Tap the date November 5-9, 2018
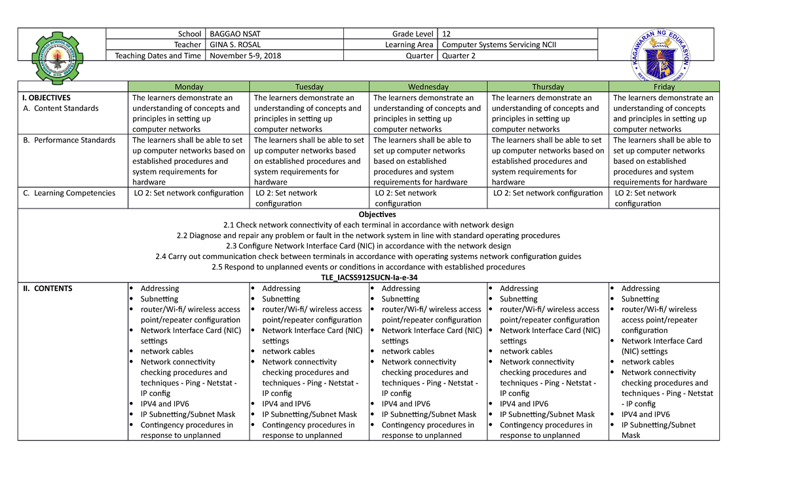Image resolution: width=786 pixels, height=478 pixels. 245,56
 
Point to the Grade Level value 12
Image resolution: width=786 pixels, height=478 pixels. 447,33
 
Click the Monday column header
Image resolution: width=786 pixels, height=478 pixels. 189,87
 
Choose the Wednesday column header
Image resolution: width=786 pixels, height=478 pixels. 428,87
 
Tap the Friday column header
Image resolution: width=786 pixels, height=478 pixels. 664,87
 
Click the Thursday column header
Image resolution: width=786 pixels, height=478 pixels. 548,87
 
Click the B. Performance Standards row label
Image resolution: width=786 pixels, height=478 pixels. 74,140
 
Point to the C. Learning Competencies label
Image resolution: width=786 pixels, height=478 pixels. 74,193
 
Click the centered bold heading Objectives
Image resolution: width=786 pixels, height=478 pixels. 377,214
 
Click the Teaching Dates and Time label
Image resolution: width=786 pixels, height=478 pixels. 158,56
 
